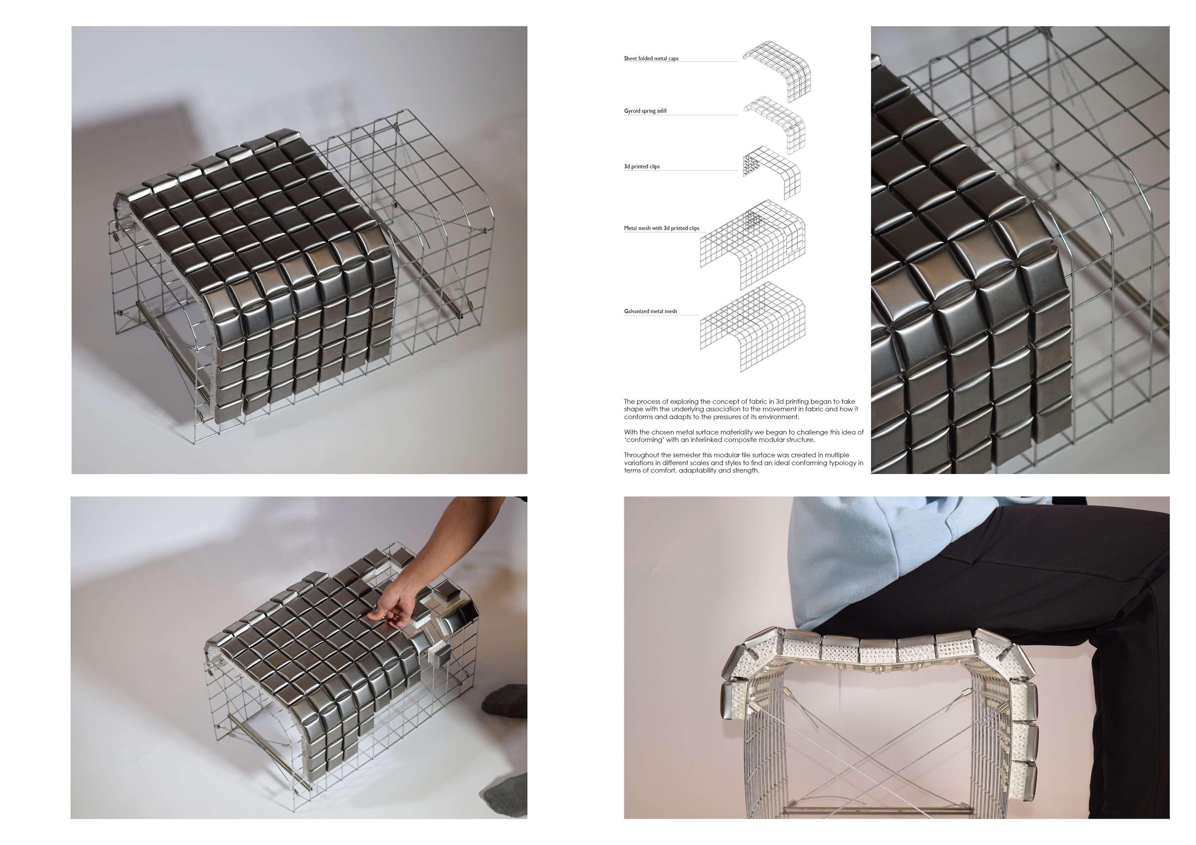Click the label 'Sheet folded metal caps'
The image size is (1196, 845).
tap(651, 58)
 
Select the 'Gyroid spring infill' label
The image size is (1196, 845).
tap(645, 111)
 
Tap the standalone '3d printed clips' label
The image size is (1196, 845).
tap(642, 167)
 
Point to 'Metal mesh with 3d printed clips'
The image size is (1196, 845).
tap(661, 228)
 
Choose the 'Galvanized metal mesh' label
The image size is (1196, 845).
tap(650, 311)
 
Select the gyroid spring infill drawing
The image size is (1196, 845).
tap(775, 125)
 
